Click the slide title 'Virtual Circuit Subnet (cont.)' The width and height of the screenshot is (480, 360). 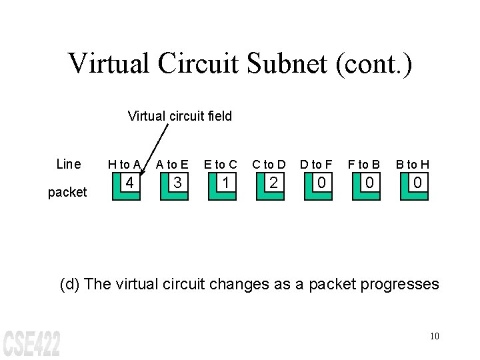click(240, 63)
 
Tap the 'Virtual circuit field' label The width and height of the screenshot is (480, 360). click(179, 116)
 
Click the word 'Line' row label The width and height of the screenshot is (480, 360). click(69, 164)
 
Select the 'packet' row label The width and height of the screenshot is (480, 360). click(67, 192)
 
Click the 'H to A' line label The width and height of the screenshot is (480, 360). click(125, 165)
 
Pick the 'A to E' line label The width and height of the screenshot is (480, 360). click(172, 165)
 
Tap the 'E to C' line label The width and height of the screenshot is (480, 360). click(220, 165)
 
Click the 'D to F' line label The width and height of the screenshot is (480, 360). click(316, 165)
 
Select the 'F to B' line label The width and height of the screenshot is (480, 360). click(364, 165)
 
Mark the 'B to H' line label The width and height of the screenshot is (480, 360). click(412, 165)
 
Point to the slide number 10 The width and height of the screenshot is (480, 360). click(434, 335)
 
